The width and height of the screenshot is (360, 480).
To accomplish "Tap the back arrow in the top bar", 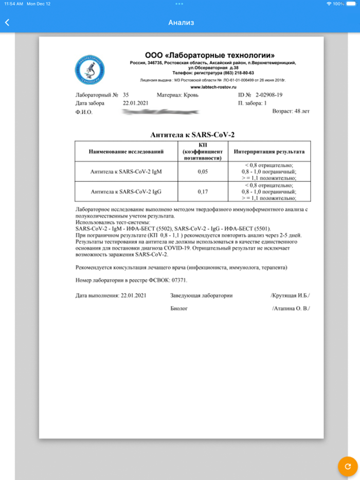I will coord(7,23).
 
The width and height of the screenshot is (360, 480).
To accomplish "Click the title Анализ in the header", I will coord(180,23).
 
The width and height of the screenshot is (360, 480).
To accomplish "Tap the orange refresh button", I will coord(348,466).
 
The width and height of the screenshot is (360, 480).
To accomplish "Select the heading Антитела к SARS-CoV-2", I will coord(192,134).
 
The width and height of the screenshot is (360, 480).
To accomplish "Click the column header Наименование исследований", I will coord(126,152).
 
